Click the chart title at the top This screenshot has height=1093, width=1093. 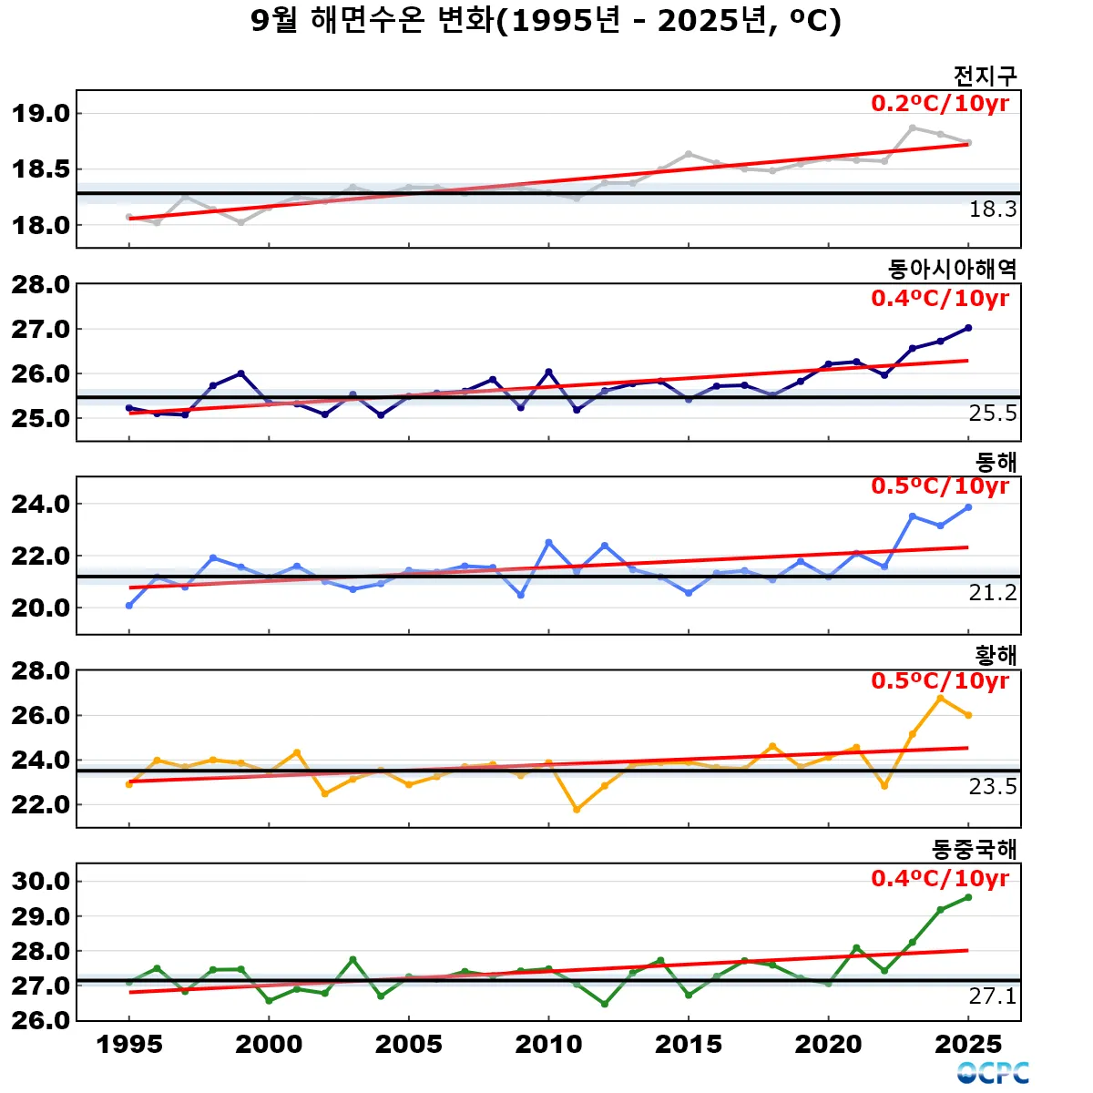coord(546,21)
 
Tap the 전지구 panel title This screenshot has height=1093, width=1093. coord(985,76)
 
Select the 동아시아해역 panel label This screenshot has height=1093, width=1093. coord(952,269)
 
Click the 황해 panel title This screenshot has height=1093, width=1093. coord(996,655)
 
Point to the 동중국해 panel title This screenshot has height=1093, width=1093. coord(974,849)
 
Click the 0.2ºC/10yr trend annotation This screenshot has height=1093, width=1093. coord(940,104)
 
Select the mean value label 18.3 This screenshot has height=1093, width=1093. coord(992,209)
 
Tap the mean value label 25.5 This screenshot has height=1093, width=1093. coord(992,414)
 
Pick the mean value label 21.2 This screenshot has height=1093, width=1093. coord(992,593)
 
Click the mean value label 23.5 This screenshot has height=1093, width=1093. coord(992,787)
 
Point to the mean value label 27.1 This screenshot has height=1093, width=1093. coord(992,996)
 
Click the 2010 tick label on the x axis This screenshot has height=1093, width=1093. coord(548,1044)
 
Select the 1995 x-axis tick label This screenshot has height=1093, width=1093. coord(129,1044)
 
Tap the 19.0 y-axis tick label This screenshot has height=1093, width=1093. coord(41,114)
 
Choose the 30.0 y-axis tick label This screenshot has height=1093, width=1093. coord(41,881)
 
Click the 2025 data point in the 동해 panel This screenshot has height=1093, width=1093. coord(968,507)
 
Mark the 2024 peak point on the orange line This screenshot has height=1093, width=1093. coord(941,699)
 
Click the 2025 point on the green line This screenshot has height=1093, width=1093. coord(968,897)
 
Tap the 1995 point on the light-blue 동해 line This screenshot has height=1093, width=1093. coord(129,606)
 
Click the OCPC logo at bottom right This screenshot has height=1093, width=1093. coord(993,1073)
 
